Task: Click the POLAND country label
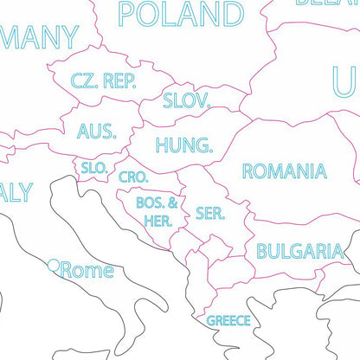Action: pyautogui.click(x=181, y=15)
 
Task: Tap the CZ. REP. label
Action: pyautogui.click(x=103, y=80)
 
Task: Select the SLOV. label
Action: pyautogui.click(x=187, y=100)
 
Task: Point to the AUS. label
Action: pyautogui.click(x=96, y=131)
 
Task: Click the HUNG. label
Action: pyautogui.click(x=183, y=145)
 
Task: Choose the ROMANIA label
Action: pyautogui.click(x=284, y=170)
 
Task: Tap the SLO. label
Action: pyautogui.click(x=93, y=168)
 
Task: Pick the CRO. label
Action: pyautogui.click(x=134, y=177)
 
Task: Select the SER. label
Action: pyautogui.click(x=210, y=213)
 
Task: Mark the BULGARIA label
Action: pyautogui.click(x=299, y=252)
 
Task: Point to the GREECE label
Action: pyautogui.click(x=228, y=320)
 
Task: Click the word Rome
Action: pyautogui.click(x=87, y=271)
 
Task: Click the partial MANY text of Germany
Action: pyautogui.click(x=38, y=37)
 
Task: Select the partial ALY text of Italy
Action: pyautogui.click(x=16, y=192)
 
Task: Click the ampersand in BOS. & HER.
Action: pyautogui.click(x=172, y=203)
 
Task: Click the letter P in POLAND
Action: pyautogui.click(x=128, y=15)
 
